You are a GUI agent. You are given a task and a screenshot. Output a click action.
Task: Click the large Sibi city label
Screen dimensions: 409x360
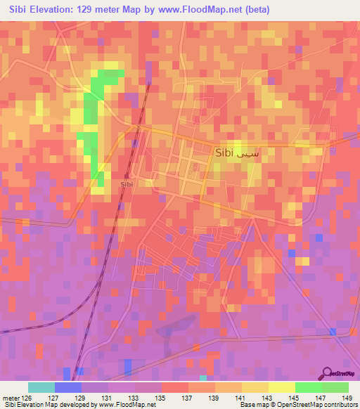(224, 152)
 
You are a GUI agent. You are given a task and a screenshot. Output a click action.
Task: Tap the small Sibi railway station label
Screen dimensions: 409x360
(127, 183)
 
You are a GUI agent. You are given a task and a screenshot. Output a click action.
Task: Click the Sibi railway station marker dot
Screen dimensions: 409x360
(131, 176)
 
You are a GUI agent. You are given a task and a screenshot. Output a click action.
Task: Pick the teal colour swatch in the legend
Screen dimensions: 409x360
(41, 387)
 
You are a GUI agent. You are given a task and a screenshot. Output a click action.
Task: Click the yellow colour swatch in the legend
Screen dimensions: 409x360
(281, 387)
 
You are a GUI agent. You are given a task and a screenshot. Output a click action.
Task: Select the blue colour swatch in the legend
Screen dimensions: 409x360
(67, 387)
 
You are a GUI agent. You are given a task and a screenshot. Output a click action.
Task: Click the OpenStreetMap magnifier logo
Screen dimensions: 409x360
(327, 373)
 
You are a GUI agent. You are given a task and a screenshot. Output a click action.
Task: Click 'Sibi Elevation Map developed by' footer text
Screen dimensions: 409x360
(49, 405)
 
